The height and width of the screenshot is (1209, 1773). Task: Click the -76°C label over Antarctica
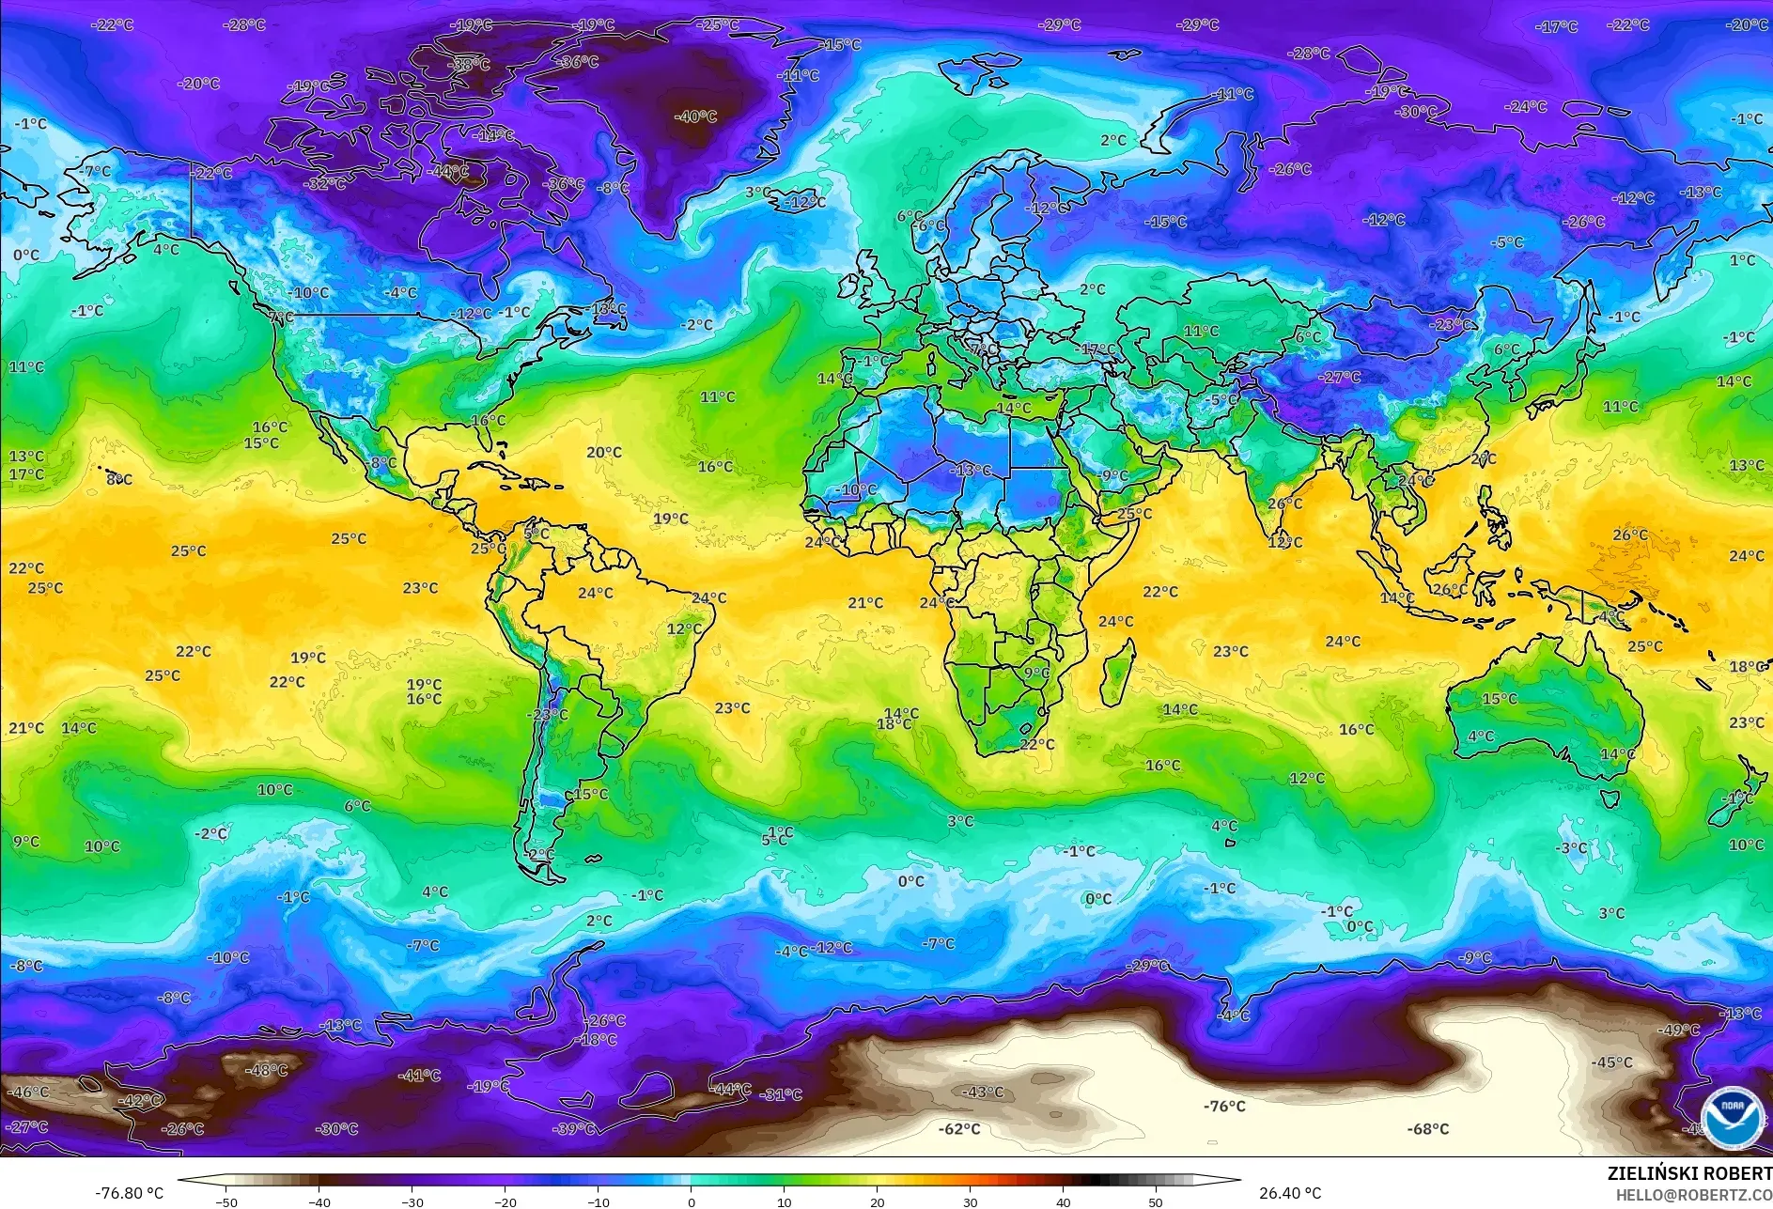click(1224, 1107)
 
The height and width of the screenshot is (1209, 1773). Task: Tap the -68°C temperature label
click(1427, 1129)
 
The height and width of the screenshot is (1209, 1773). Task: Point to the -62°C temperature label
click(958, 1129)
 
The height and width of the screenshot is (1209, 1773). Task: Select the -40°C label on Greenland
click(695, 117)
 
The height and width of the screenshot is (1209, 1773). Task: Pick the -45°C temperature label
click(1611, 1063)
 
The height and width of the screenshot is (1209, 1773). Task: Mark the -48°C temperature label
click(266, 1071)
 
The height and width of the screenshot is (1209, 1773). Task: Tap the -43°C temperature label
click(983, 1093)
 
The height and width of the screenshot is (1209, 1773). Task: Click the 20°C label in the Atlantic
click(603, 453)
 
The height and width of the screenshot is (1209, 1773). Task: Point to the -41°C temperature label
click(419, 1076)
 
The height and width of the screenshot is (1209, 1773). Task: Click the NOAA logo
click(1732, 1118)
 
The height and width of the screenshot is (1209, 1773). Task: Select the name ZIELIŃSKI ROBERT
click(1688, 1173)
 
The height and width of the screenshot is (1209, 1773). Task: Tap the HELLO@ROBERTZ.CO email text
click(1693, 1195)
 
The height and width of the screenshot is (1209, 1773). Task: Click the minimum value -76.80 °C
click(129, 1193)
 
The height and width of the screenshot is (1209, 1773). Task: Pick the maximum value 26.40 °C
click(1289, 1193)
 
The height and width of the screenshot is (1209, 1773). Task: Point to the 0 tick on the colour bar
click(692, 1201)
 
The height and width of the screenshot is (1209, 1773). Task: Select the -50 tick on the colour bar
click(226, 1201)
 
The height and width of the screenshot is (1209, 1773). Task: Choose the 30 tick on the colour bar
click(970, 1201)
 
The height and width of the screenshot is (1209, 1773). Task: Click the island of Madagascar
click(1117, 672)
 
